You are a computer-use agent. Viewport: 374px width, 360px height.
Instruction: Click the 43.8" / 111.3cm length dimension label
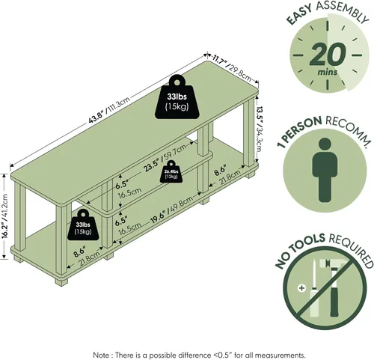[109, 110]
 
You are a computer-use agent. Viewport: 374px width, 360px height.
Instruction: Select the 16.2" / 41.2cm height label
[5, 216]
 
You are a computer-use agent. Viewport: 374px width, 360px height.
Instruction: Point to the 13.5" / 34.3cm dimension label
[260, 129]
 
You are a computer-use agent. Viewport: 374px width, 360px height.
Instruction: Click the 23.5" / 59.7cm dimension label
[165, 158]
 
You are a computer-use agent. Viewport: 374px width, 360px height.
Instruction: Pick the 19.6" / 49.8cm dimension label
[171, 210]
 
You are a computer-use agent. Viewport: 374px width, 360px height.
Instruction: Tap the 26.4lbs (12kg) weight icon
[171, 172]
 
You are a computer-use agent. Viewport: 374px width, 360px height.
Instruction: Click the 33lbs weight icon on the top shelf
[177, 97]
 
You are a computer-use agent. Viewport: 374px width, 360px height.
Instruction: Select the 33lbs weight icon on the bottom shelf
[83, 225]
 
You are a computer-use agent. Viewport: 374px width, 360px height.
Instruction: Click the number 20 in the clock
[328, 54]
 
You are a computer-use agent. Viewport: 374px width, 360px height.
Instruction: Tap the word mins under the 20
[328, 72]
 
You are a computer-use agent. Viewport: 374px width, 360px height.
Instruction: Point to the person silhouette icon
[325, 170]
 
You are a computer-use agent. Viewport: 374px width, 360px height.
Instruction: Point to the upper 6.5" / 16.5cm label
[128, 190]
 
